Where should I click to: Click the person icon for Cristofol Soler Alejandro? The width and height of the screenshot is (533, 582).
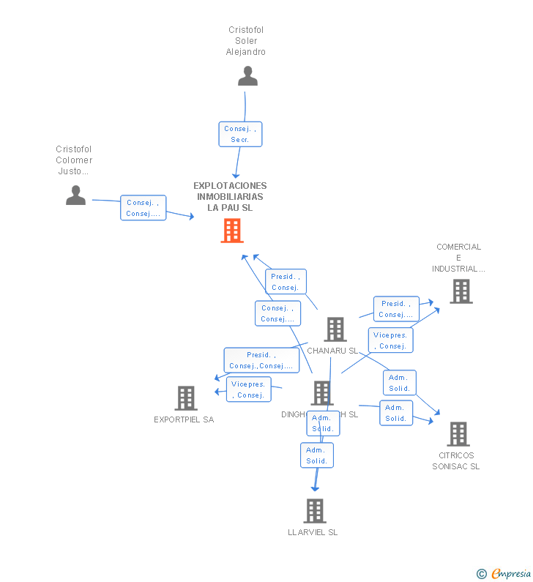point(247,76)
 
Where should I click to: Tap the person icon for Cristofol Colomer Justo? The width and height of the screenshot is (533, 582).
point(75,195)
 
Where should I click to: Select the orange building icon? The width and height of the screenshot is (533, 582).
point(231,231)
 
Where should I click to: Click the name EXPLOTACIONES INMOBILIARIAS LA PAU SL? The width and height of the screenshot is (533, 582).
point(230,196)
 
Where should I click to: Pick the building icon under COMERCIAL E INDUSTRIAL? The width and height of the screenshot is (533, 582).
point(461,291)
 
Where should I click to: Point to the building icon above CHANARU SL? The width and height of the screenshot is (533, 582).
point(335,329)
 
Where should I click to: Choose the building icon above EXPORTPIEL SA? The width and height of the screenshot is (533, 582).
point(186,398)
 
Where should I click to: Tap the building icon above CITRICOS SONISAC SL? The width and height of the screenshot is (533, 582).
point(458,434)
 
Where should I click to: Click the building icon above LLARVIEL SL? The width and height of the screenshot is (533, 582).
point(314,511)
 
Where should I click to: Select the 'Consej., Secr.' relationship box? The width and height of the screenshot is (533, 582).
point(240,134)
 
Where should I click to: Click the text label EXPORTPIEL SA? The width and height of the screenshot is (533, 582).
point(184,419)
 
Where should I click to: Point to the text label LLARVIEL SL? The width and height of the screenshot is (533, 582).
point(313,532)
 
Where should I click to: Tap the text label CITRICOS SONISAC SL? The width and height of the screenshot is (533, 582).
point(455,461)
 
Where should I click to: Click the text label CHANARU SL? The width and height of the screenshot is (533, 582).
point(332,351)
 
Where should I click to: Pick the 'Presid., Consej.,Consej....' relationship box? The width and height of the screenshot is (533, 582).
point(261,360)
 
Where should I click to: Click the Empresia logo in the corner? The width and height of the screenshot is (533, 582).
point(510,573)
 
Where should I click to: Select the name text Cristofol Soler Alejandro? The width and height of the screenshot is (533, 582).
point(246,41)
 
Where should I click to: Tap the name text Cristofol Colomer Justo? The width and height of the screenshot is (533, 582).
point(74,160)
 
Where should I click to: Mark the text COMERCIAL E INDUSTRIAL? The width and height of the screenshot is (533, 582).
point(458,258)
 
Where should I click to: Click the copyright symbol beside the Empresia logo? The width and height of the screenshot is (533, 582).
point(482,574)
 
